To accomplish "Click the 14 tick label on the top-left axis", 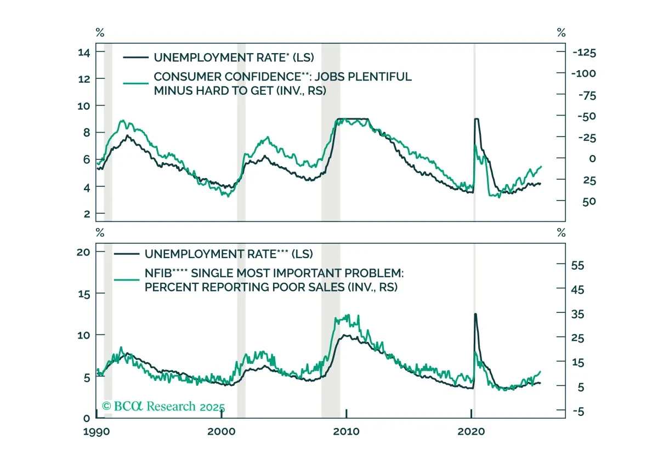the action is (84, 53).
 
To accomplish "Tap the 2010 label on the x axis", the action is (346, 431).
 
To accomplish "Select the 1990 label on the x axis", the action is (97, 432).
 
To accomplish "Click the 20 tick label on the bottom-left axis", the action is (83, 252).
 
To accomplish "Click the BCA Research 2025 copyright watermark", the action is (163, 407).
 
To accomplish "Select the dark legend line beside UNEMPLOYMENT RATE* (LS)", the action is (136, 58).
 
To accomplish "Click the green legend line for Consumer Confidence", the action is (136, 83).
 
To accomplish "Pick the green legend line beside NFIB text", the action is (127, 279).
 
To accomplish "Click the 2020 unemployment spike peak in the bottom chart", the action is (475, 314).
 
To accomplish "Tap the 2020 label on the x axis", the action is (471, 431).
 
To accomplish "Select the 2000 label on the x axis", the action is (221, 431).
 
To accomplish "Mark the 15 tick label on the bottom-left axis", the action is (84, 294).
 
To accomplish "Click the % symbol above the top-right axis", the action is (561, 32).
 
